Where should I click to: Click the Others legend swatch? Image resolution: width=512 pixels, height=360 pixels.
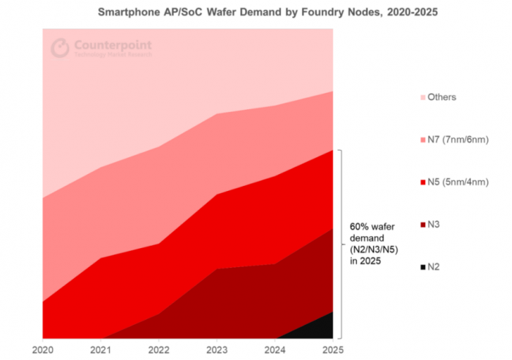coord(422,97)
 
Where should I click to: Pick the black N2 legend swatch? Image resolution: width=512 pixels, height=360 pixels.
coord(422,267)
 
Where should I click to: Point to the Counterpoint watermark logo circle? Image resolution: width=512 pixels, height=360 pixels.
coord(60,48)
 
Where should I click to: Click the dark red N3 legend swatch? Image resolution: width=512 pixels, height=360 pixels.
coord(422,225)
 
